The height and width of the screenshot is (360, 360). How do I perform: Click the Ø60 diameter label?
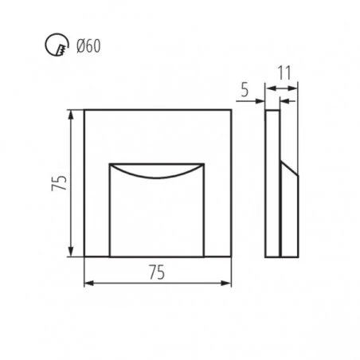pyautogui.click(x=88, y=45)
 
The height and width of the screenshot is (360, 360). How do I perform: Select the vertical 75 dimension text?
pyautogui.click(x=59, y=183)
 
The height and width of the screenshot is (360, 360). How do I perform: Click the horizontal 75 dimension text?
pyautogui.click(x=157, y=272)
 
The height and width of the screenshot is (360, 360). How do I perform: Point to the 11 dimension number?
pyautogui.click(x=284, y=72)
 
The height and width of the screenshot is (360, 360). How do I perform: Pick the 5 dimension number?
pyautogui.click(x=245, y=89)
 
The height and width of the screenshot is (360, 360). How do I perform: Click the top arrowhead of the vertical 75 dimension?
pyautogui.click(x=71, y=115)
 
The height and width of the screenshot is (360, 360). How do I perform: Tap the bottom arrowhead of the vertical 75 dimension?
pyautogui.click(x=71, y=252)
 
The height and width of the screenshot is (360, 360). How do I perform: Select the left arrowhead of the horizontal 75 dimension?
pyautogui.click(x=89, y=284)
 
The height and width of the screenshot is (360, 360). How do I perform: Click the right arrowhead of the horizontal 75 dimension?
pyautogui.click(x=226, y=284)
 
